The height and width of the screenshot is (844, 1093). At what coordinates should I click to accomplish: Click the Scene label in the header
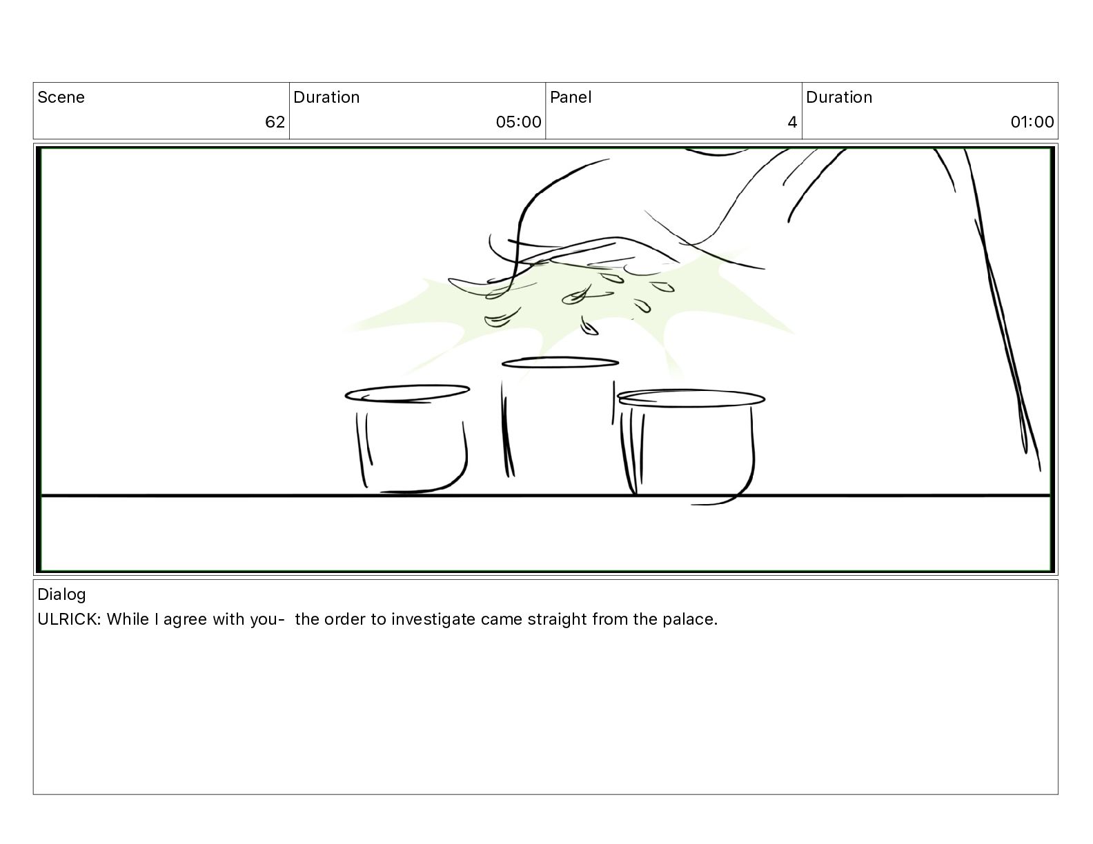(x=61, y=97)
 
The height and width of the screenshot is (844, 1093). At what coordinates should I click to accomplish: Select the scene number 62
(x=275, y=121)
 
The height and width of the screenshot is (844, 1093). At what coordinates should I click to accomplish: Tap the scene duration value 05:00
(x=518, y=121)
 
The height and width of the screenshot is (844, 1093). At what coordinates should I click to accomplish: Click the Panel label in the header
(x=571, y=97)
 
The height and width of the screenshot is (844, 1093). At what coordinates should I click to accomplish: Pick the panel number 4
(x=792, y=121)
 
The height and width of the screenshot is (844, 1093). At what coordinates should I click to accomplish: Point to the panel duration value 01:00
(x=1032, y=121)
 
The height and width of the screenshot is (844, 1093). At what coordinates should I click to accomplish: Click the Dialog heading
(x=61, y=594)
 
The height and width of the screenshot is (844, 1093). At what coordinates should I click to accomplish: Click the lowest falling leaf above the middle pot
(x=589, y=327)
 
